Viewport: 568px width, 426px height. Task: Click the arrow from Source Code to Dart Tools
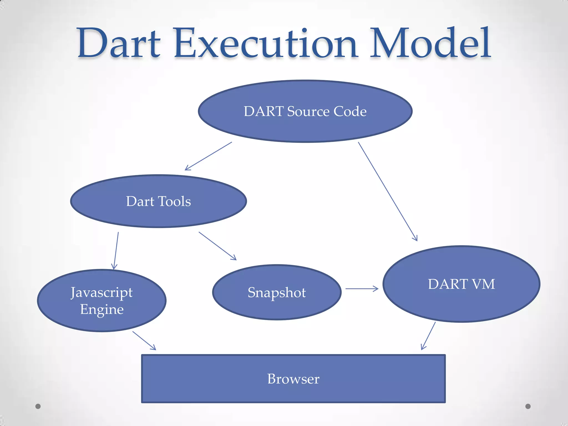[208, 156]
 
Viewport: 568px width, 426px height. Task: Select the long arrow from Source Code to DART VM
[388, 191]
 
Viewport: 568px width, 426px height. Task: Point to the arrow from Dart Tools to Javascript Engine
[116, 251]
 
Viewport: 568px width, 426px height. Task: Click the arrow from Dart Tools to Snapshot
[218, 246]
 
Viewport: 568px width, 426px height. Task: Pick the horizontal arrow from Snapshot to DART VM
[362, 289]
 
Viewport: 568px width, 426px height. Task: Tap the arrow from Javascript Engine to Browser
[144, 341]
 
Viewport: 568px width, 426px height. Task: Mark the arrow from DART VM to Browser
[428, 336]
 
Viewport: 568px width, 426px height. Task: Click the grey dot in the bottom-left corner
[38, 406]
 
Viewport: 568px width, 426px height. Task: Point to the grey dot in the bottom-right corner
[528, 406]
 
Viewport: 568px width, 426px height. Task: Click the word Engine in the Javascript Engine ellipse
[102, 310]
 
